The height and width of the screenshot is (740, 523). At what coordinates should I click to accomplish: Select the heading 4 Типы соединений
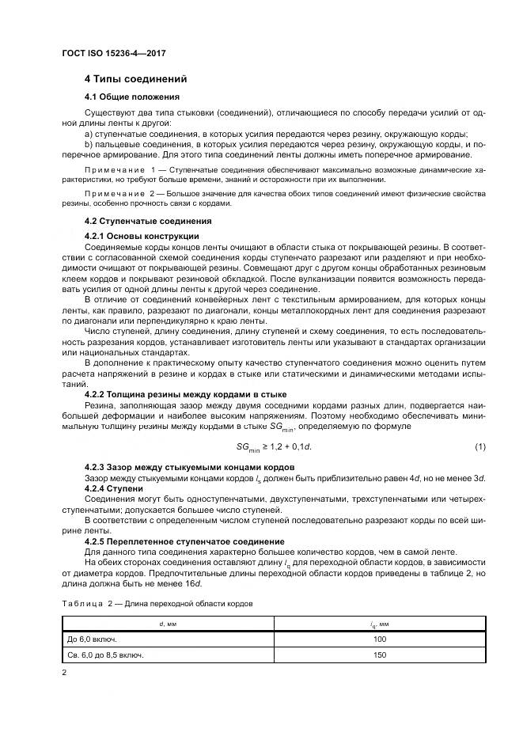click(x=135, y=80)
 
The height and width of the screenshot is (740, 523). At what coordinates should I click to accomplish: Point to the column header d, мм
click(x=168, y=624)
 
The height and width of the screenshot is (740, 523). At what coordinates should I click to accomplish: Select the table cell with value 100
click(x=380, y=639)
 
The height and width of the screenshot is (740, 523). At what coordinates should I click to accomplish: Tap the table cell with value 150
click(x=380, y=655)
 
